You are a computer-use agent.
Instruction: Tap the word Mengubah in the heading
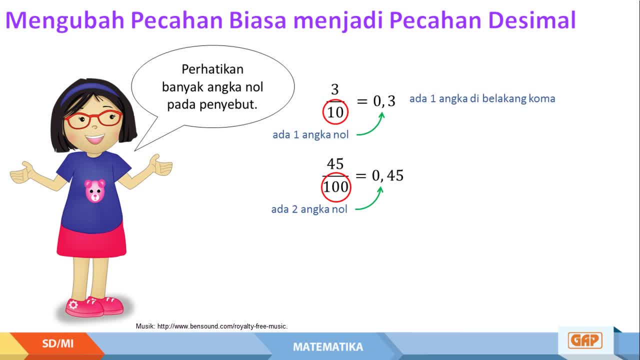coord(65,21)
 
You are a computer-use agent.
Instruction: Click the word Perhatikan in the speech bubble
coord(212,69)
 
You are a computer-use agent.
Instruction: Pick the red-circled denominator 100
coord(335,187)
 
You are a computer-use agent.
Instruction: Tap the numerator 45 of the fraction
coord(335,163)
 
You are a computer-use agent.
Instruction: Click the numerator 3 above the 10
coord(335,89)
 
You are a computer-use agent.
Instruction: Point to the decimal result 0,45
coord(387,175)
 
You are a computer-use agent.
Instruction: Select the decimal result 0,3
coord(384,101)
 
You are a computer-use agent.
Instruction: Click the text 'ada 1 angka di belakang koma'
coord(482,98)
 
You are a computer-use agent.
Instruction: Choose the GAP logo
coord(585,340)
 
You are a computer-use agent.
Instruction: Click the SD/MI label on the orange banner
coord(57,343)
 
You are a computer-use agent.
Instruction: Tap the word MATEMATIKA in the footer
coord(328,347)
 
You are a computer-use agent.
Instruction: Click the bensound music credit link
coord(222,326)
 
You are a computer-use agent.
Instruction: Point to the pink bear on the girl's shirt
coord(95,191)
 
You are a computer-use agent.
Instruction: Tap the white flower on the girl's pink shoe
coord(73,305)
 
